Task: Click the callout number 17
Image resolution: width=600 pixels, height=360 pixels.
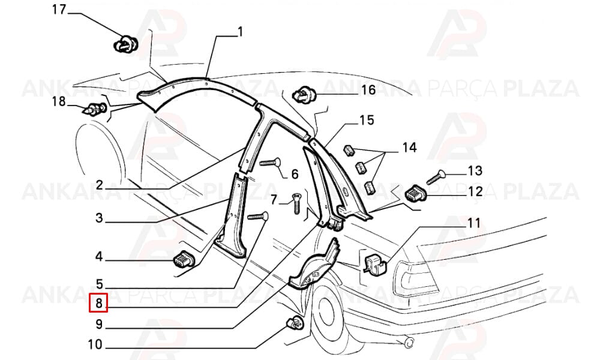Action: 59,10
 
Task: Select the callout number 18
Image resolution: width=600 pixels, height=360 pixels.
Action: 59,102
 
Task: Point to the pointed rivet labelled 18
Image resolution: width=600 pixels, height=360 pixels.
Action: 95,109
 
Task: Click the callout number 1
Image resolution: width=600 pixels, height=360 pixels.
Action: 241,31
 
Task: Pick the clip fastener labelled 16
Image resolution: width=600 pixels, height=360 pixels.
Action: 304,94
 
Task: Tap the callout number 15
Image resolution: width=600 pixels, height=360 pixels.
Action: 367,120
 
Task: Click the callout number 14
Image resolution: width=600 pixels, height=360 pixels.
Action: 409,148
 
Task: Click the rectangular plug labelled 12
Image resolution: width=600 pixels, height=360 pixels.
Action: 416,194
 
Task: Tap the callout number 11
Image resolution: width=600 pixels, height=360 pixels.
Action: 474,223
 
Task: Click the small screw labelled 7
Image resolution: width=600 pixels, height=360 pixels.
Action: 297,204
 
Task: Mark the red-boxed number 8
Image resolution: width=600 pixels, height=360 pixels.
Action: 99,304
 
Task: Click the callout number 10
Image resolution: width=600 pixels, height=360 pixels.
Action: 95,344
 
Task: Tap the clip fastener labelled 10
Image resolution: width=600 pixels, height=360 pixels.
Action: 295,323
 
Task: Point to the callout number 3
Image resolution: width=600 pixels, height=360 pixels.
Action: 99,218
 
